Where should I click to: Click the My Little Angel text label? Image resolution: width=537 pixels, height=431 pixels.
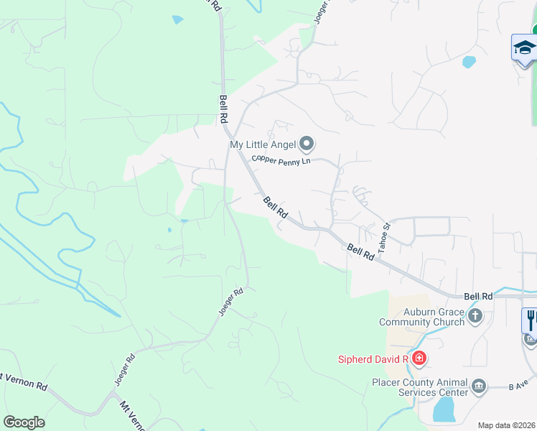click(x=263, y=144)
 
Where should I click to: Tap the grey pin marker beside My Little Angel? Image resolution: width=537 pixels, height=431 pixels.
click(x=307, y=144)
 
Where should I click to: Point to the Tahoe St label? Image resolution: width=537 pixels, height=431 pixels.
click(x=385, y=236)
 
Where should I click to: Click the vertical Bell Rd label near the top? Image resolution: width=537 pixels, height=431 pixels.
click(x=223, y=110)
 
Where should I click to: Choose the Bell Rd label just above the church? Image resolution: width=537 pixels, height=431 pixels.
click(x=478, y=296)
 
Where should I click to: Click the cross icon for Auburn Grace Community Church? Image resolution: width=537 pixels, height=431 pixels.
click(x=475, y=316)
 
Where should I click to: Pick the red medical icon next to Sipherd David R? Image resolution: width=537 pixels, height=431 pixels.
click(x=419, y=358)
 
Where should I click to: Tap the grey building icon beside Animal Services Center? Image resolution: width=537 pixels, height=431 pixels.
click(x=479, y=388)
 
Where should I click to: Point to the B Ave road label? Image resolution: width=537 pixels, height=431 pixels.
click(x=518, y=386)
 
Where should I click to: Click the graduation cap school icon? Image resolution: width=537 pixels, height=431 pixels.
click(x=524, y=49)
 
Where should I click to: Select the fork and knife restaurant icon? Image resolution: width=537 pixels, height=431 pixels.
click(x=531, y=320)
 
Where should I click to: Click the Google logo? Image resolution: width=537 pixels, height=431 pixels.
click(x=24, y=422)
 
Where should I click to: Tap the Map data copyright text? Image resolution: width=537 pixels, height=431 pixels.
click(x=507, y=425)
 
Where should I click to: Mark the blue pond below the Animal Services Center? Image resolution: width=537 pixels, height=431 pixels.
click(x=444, y=410)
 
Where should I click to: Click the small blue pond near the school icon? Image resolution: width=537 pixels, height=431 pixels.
click(x=469, y=62)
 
